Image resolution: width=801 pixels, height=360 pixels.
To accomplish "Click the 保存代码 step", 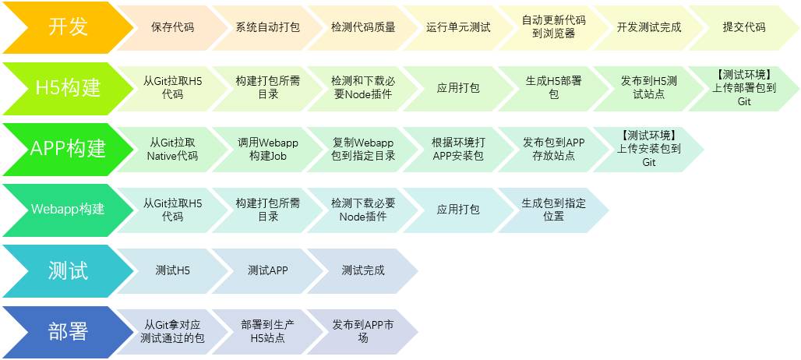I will [172, 26].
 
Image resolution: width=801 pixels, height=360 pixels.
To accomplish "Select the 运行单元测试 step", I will [458, 26].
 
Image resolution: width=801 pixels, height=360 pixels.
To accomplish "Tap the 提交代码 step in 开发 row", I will [743, 26].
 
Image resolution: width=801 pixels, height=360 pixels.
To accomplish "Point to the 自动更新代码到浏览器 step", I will [553, 26].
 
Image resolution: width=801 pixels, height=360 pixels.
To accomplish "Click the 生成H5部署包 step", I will [553, 87].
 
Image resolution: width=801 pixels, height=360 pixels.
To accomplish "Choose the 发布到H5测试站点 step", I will [648, 87].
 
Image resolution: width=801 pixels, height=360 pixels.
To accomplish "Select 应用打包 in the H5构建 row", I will [458, 87].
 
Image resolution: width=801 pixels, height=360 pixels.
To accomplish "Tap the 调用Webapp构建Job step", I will [267, 148].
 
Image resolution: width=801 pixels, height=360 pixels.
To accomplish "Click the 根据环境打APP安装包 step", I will [458, 148].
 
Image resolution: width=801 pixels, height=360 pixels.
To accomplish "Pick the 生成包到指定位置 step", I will [553, 209].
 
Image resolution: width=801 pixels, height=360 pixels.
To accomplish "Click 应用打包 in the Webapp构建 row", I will [458, 209].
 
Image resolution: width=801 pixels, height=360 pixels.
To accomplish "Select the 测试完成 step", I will [362, 270].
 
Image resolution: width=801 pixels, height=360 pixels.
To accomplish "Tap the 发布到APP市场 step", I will [362, 331].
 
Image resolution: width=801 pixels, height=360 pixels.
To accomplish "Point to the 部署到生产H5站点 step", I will [267, 331].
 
